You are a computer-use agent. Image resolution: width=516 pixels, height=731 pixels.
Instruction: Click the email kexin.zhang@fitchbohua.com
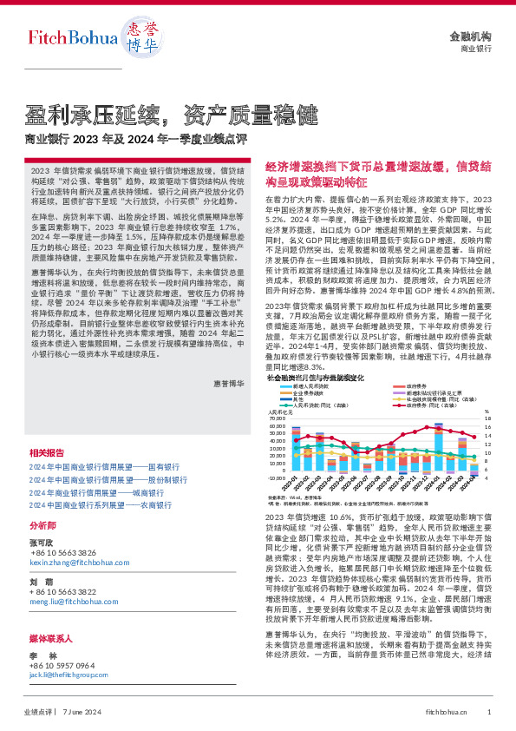point(80,563)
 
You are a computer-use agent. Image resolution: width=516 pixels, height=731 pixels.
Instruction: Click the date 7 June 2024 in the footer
point(84,711)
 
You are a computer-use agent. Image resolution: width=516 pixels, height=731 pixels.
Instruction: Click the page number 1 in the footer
point(489,711)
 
